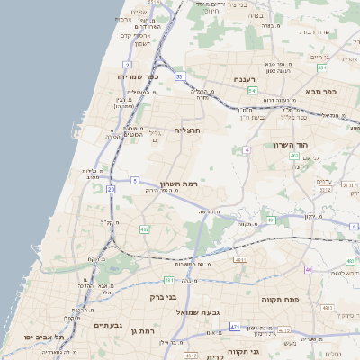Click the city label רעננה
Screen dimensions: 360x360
click(x=246, y=79)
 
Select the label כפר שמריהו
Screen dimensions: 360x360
click(x=138, y=76)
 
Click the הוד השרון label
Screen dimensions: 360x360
click(x=290, y=144)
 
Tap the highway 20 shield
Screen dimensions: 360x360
click(x=111, y=190)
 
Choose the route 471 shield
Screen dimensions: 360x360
click(x=235, y=328)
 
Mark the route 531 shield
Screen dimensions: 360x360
click(x=180, y=77)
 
